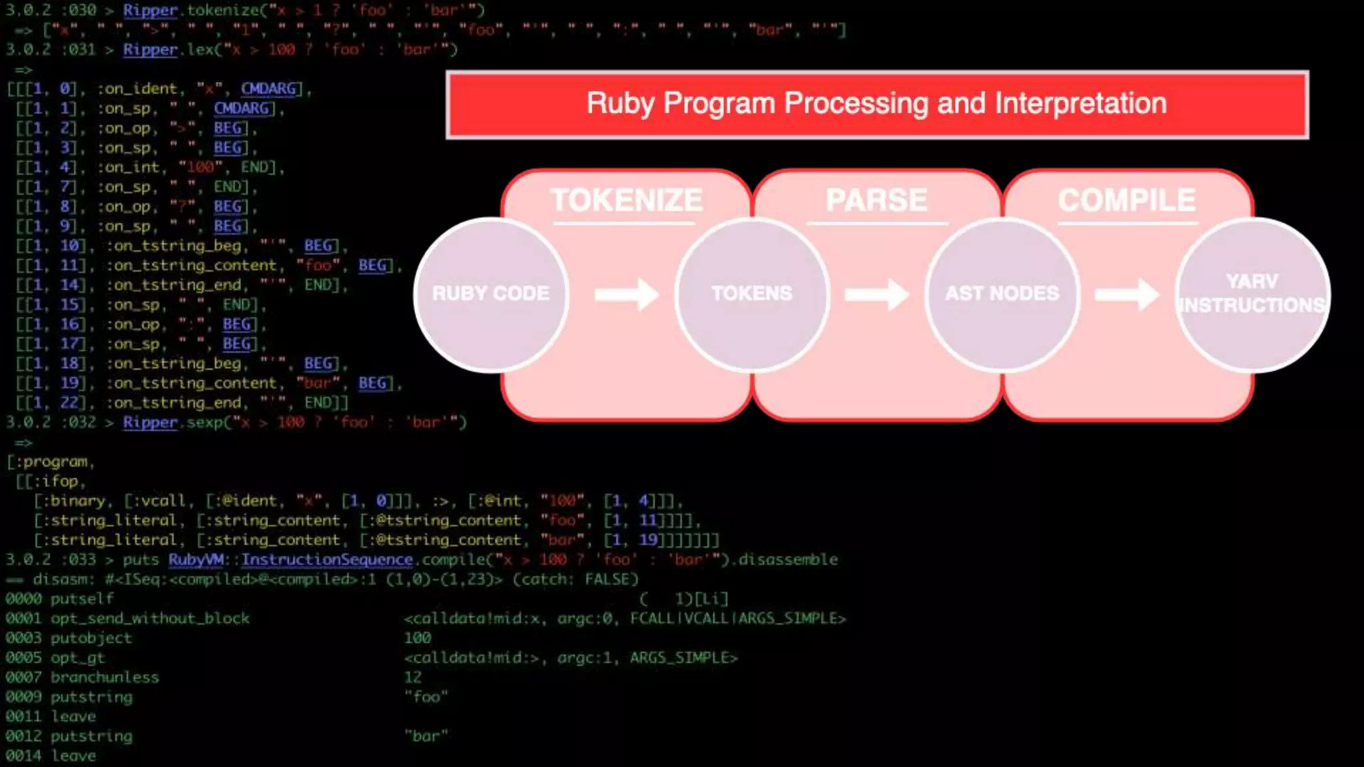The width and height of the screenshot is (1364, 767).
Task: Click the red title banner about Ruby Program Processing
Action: (876, 105)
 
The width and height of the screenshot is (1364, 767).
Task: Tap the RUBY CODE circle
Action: (491, 294)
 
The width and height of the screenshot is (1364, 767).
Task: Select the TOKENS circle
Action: (752, 294)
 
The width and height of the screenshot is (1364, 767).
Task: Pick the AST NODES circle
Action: (1002, 294)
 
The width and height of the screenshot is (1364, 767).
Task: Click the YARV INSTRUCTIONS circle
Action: (1252, 294)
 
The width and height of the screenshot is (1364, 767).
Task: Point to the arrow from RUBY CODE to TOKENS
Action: (626, 294)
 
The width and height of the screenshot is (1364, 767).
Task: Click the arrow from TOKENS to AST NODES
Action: (876, 294)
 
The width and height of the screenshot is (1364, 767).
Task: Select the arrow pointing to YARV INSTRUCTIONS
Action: (1127, 294)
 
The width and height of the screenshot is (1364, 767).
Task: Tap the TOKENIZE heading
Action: (626, 200)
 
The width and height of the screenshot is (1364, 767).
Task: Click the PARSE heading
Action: (876, 200)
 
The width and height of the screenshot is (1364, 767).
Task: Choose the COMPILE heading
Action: (1127, 200)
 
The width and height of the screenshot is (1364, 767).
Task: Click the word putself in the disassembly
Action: (82, 599)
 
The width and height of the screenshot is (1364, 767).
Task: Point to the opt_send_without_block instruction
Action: (150, 619)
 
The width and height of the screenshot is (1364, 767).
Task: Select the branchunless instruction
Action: (105, 677)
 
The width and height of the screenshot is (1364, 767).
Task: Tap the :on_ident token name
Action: (137, 89)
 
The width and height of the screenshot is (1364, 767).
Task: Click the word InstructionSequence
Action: (327, 559)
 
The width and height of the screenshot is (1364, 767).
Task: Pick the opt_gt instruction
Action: (77, 658)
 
